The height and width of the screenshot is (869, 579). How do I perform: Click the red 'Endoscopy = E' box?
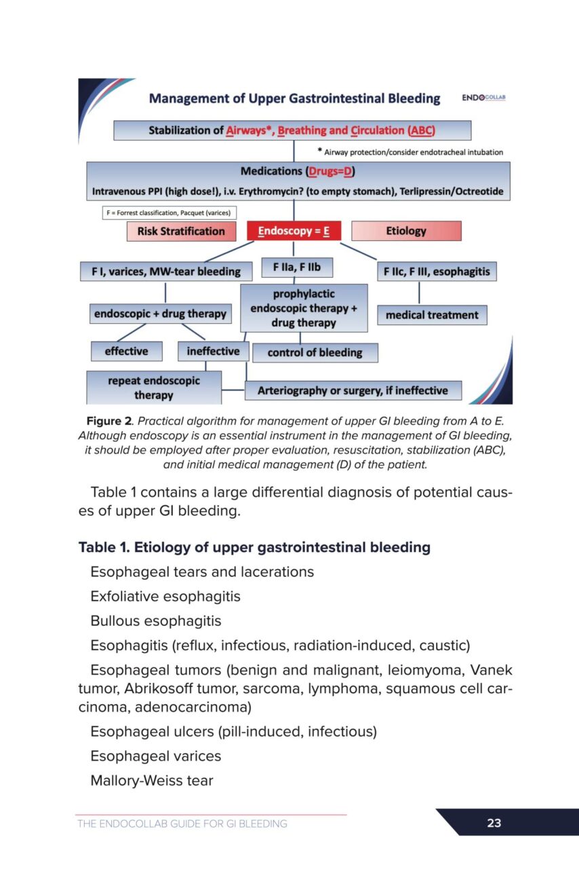click(293, 232)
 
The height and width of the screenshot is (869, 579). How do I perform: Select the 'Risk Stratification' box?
click(181, 232)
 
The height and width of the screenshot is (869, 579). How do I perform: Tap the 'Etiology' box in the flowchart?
click(406, 231)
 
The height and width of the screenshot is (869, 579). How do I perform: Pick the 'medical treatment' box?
click(432, 315)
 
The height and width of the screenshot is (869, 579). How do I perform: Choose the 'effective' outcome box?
click(128, 351)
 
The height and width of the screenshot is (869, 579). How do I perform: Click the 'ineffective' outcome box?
click(213, 351)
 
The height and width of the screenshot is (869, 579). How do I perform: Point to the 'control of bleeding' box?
click(315, 352)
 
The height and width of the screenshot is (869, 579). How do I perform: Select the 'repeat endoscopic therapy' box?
click(154, 388)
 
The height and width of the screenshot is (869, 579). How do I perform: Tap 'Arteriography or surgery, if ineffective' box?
click(352, 390)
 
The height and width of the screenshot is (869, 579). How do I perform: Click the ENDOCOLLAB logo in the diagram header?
click(484, 98)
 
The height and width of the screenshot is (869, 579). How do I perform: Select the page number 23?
click(494, 823)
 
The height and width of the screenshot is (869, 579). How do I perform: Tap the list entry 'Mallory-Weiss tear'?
click(152, 781)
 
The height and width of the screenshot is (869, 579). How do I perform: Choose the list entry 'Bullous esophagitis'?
click(156, 621)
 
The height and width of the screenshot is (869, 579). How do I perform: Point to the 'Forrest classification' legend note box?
click(169, 213)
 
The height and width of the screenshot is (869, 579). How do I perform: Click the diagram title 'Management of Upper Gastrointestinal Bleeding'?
click(294, 98)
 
